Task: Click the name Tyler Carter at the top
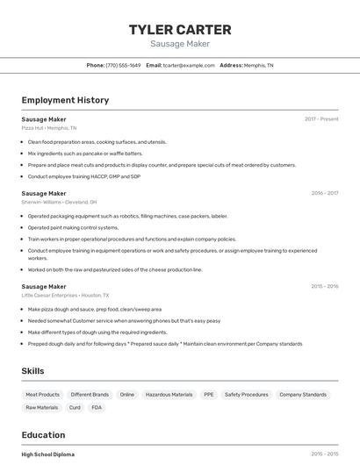(179, 29)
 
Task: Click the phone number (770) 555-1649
(123, 65)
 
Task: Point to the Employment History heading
(65, 100)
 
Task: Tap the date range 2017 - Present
(321, 118)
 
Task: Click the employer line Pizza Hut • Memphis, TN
(49, 127)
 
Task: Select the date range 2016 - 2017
(324, 193)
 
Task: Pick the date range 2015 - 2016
(324, 286)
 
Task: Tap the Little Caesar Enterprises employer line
(66, 295)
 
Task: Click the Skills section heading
(32, 371)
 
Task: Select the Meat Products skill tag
(43, 395)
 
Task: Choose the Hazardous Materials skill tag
(169, 395)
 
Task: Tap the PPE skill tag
(209, 395)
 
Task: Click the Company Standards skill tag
(303, 395)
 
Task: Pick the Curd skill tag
(75, 407)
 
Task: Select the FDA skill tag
(97, 407)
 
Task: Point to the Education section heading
(43, 434)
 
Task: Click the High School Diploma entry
(48, 454)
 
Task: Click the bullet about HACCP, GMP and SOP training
(84, 176)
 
